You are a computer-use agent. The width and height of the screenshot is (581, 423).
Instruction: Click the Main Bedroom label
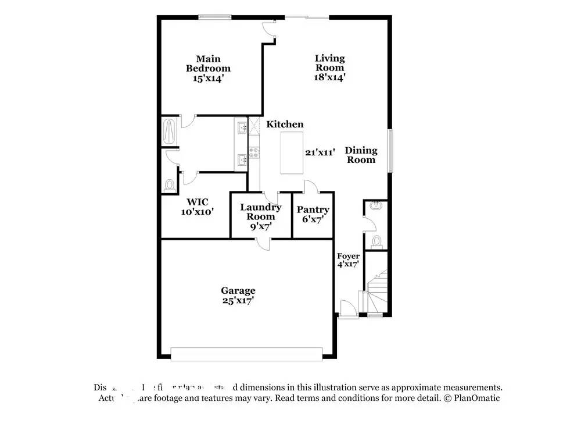[x=208, y=68]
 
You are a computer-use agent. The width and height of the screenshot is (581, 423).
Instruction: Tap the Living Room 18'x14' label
[x=329, y=67]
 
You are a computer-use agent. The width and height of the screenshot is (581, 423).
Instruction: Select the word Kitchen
[x=285, y=124]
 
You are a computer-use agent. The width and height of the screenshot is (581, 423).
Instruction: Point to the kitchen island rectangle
[x=292, y=152]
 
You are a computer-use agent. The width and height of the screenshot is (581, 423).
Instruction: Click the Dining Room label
[x=361, y=155]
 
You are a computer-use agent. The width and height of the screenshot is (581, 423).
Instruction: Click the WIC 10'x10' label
[x=198, y=207]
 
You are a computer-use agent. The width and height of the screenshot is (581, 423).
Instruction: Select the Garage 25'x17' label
[x=238, y=296]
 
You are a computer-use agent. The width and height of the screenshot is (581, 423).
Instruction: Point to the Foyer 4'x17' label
[x=349, y=260]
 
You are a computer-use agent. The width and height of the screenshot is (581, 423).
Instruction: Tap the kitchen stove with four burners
[x=254, y=153]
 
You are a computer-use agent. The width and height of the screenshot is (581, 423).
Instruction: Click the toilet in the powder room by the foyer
[x=376, y=241]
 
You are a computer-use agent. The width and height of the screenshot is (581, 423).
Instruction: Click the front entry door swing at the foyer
[x=347, y=308]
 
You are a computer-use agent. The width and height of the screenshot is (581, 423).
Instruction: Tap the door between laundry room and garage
[x=263, y=244]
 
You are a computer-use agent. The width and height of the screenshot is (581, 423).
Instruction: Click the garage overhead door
[x=246, y=354]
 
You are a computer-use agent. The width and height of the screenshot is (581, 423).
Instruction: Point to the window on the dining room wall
[x=390, y=151]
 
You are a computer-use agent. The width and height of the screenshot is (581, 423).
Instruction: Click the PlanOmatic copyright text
[x=471, y=399]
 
